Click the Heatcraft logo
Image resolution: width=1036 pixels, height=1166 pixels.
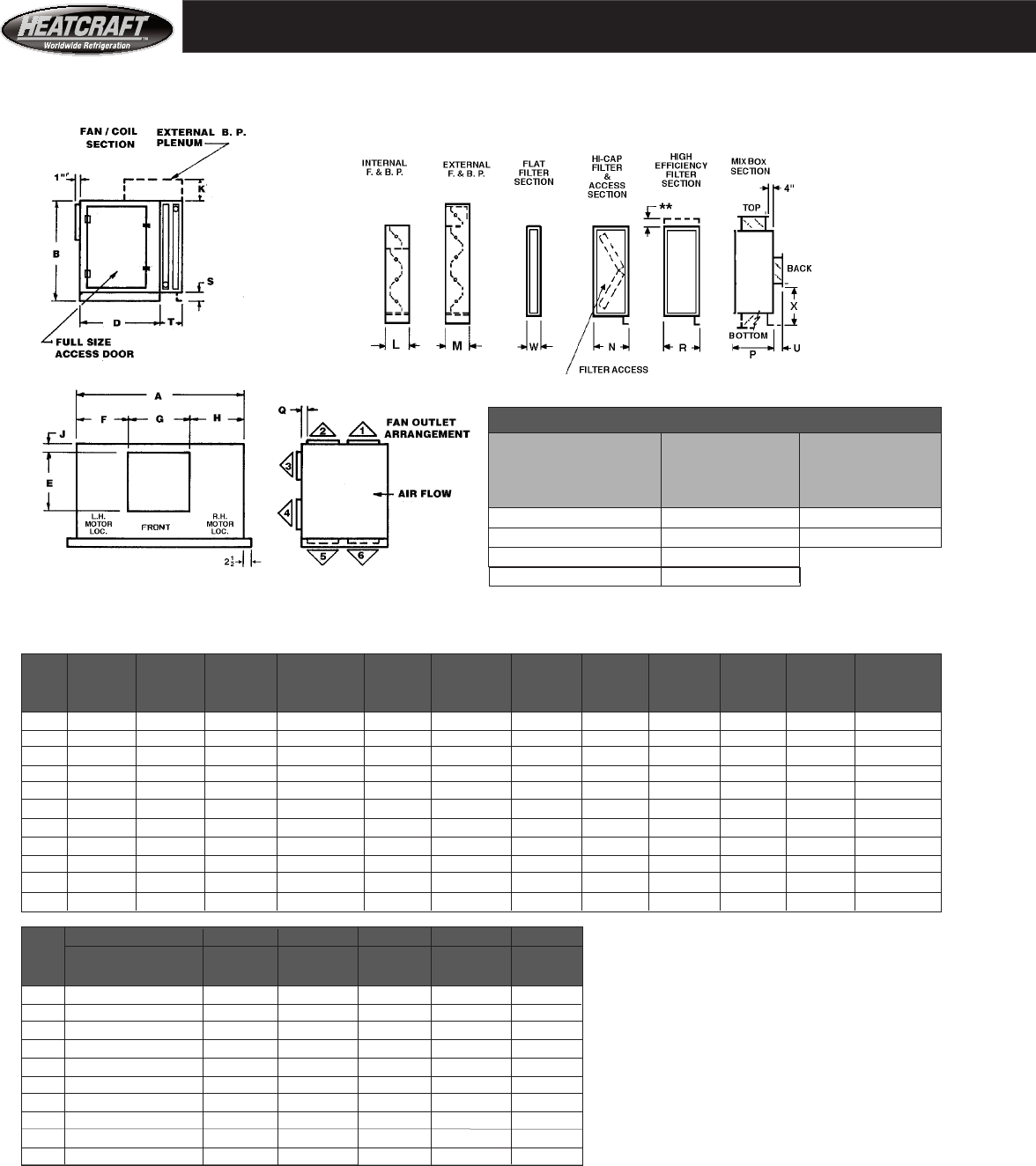(x=87, y=29)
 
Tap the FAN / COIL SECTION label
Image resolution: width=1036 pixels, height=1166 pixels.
(x=109, y=138)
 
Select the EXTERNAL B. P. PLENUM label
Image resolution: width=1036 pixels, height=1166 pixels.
(x=201, y=137)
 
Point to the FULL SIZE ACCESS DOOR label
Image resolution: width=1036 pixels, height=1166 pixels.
(x=94, y=348)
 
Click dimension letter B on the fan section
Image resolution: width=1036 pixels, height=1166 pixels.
(x=55, y=254)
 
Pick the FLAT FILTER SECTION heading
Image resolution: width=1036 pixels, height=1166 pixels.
(x=534, y=173)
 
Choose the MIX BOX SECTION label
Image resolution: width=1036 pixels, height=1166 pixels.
(x=750, y=166)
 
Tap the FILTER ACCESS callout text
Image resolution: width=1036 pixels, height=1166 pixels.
(x=613, y=370)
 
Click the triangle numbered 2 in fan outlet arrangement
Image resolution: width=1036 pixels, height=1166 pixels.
(x=323, y=430)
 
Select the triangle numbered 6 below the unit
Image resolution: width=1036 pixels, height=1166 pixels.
(x=362, y=557)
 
